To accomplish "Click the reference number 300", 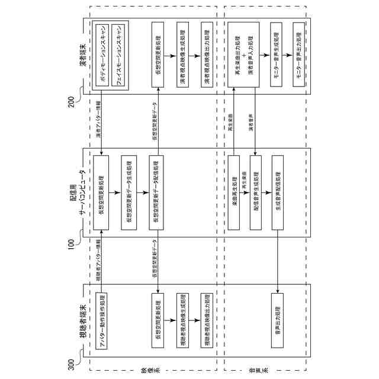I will tap(73, 363).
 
